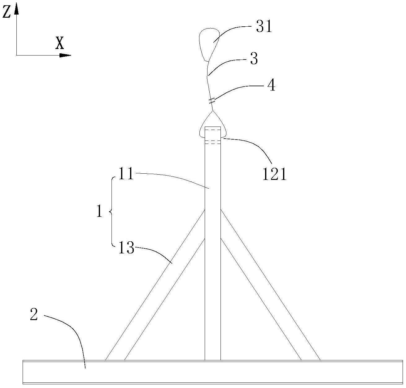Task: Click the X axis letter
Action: click(x=59, y=43)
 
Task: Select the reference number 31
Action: click(x=264, y=27)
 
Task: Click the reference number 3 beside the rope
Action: click(x=254, y=58)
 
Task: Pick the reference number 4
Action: click(x=271, y=85)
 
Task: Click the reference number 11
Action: click(x=125, y=174)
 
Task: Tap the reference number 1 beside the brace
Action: click(x=99, y=212)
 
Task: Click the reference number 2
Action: click(x=34, y=315)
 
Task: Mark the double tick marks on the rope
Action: click(x=212, y=100)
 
